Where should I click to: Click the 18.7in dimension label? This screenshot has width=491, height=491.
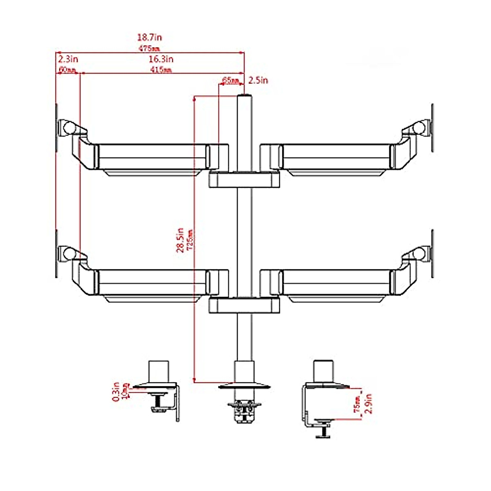tap(149, 37)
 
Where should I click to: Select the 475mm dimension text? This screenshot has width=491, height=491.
tap(149, 48)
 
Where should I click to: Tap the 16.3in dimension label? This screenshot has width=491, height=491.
tap(161, 59)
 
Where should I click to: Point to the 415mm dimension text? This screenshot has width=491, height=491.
tap(161, 70)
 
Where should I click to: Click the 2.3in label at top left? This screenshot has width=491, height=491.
tap(68, 59)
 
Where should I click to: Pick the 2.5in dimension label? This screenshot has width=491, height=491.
tap(258, 80)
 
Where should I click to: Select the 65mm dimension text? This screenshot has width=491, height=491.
tap(231, 80)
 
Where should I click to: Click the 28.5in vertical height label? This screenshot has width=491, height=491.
tap(180, 240)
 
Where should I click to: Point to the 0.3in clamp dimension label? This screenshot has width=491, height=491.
tap(117, 391)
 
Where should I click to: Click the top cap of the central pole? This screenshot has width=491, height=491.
tap(244, 96)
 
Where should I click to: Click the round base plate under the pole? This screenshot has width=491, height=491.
tap(244, 385)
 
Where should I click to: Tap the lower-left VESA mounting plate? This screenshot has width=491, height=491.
tap(56, 254)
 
